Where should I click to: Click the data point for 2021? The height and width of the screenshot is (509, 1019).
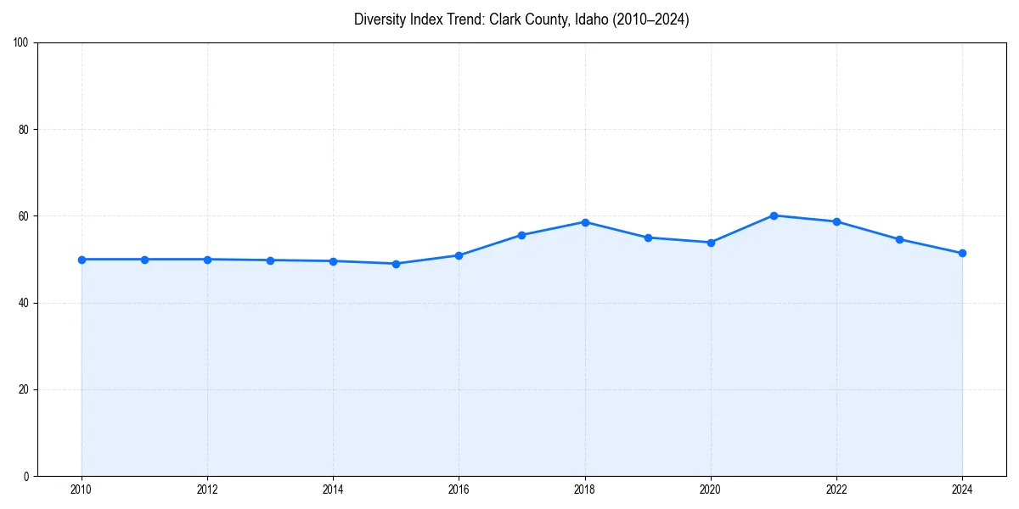(774, 215)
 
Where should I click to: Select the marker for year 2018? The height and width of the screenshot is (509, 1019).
(585, 222)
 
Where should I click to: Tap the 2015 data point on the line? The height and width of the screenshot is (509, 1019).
(396, 264)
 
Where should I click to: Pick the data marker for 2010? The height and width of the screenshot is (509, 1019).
(82, 260)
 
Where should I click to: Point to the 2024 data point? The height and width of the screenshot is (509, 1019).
(962, 254)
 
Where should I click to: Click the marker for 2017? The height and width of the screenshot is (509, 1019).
(521, 235)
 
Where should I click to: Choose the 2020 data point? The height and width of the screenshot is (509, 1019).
(711, 243)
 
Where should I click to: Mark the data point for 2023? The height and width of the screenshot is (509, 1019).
(899, 239)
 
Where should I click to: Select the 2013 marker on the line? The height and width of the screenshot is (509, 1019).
(270, 260)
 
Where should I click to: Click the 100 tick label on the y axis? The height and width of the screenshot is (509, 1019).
(21, 43)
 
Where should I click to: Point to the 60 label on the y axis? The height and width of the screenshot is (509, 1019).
(24, 216)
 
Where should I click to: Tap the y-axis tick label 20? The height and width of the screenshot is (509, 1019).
(24, 389)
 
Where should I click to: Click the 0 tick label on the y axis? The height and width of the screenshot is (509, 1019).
(26, 476)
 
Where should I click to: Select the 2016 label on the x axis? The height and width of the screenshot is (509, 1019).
(459, 489)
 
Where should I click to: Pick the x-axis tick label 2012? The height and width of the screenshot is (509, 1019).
(207, 489)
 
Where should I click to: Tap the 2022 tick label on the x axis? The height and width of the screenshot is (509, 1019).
(836, 489)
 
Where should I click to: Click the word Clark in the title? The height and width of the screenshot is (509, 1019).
(506, 20)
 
